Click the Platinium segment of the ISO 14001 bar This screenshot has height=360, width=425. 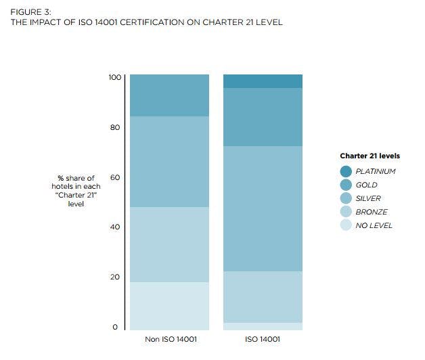(x=263, y=81)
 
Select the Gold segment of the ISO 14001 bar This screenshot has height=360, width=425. (x=263, y=117)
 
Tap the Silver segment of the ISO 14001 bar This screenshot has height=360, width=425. (x=263, y=208)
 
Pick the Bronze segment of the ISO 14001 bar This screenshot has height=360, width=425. (x=263, y=296)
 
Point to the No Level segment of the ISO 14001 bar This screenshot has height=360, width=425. (x=263, y=326)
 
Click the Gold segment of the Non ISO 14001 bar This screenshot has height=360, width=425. (x=169, y=95)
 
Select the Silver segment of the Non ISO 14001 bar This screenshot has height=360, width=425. (x=169, y=162)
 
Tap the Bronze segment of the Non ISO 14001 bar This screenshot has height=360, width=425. (x=169, y=244)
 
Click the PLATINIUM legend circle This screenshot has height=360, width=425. (x=346, y=171)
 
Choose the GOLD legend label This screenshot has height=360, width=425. (x=366, y=185)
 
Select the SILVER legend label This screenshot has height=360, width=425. (x=368, y=198)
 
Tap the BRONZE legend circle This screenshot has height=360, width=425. (x=346, y=212)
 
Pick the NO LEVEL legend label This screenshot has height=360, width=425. (x=374, y=225)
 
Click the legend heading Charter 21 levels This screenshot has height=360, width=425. (x=370, y=156)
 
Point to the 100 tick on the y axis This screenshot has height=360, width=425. (x=114, y=78)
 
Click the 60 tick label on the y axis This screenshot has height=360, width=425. (x=116, y=177)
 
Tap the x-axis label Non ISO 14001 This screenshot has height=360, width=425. (x=169, y=339)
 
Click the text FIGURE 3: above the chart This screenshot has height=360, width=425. (x=30, y=12)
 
